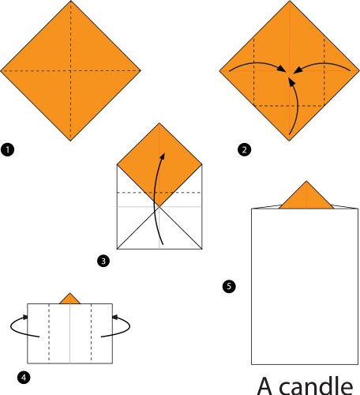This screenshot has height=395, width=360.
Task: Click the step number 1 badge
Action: point(7,149)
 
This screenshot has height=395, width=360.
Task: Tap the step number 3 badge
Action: point(103,260)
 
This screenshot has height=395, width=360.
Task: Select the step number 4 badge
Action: point(25,378)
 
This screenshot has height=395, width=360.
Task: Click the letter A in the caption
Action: point(266,385)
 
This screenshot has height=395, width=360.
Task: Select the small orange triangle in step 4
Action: point(70,299)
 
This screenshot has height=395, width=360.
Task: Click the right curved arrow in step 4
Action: point(124,325)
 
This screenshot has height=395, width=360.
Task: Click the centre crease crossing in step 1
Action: point(71,72)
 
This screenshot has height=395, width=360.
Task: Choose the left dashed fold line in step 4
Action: point(49,331)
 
